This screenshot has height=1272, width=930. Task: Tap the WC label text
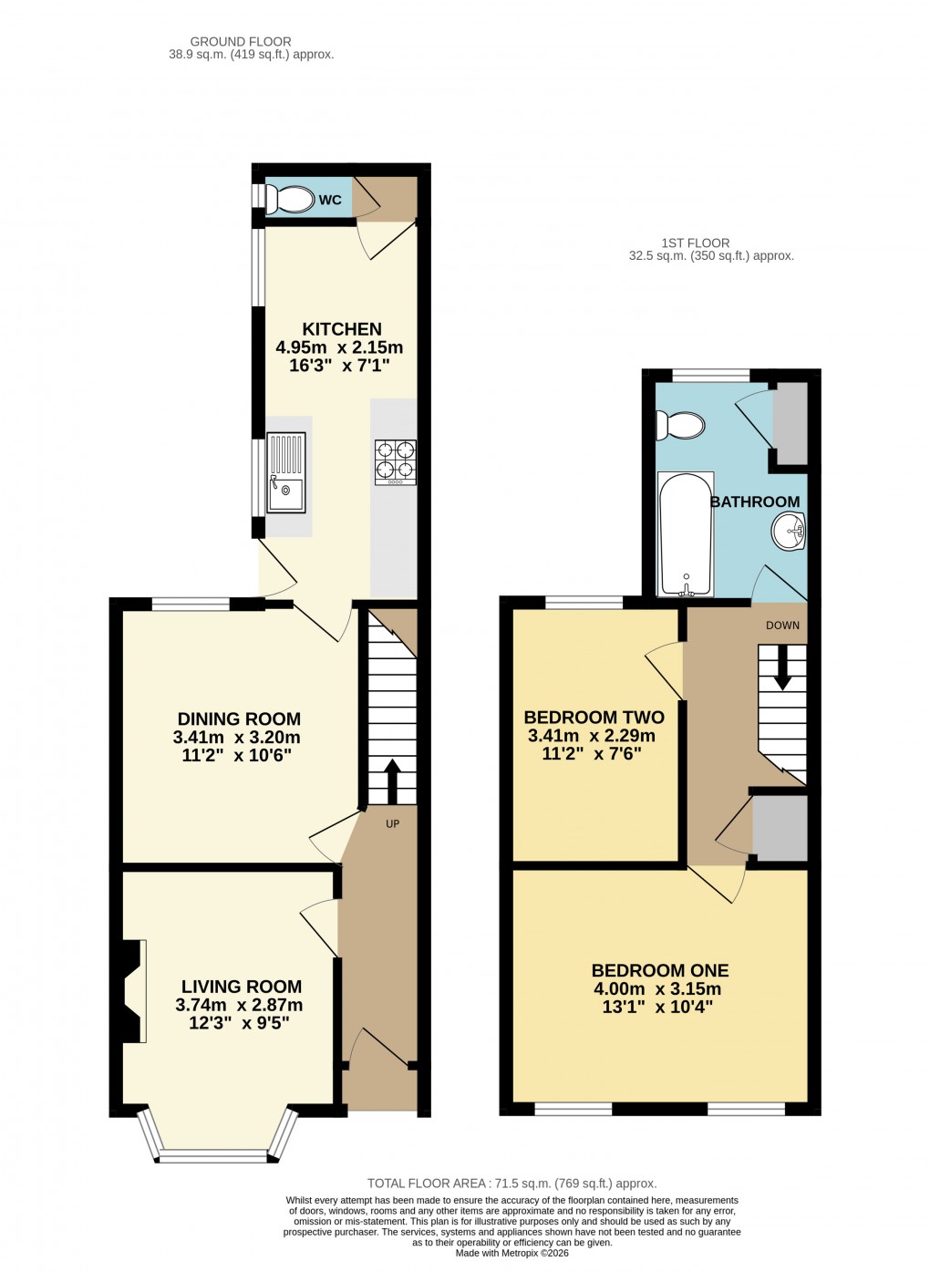pos(330,200)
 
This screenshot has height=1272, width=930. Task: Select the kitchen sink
pos(286,472)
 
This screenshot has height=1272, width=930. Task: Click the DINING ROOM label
pos(239,719)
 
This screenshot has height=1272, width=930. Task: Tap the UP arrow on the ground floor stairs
pos(393,780)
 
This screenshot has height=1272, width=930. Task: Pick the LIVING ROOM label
pos(242,987)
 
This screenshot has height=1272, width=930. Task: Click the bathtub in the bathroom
pos(686,533)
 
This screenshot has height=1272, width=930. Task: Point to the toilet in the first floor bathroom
pos(682,425)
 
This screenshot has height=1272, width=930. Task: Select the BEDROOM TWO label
pos(594,718)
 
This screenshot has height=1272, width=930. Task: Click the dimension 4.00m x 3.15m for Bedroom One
pos(656,989)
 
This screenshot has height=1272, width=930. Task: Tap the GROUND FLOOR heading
pos(241,41)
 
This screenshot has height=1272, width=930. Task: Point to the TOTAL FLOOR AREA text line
pos(511,1184)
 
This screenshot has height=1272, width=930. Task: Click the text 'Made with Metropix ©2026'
pos(511,1254)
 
